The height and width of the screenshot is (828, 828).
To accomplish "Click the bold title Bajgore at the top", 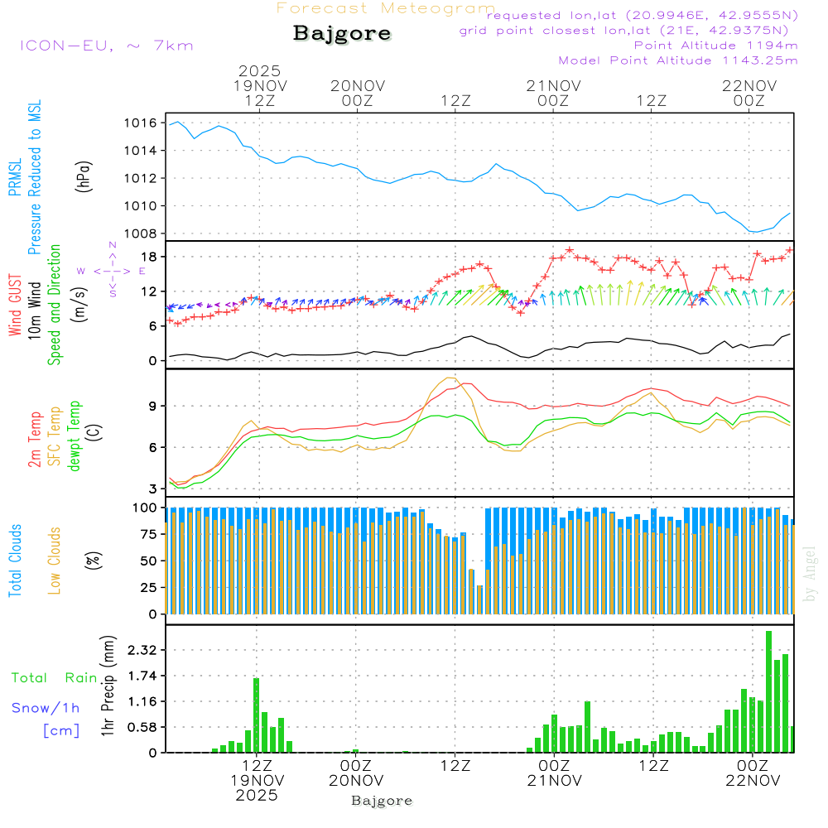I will pyautogui.click(x=342, y=34).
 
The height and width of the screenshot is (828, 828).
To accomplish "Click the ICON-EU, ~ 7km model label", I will pyautogui.click(x=106, y=46).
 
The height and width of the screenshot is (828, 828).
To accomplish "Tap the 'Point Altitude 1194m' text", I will pyautogui.click(x=715, y=46).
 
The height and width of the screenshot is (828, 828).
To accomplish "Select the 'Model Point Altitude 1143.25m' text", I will pyautogui.click(x=678, y=60).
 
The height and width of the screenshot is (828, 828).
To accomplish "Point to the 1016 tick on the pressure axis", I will pyautogui.click(x=142, y=123).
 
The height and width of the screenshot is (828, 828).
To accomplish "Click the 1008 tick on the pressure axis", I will pyautogui.click(x=142, y=233).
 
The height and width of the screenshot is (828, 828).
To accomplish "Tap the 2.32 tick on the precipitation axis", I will pyautogui.click(x=142, y=651).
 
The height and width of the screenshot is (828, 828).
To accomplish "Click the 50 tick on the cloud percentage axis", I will pyautogui.click(x=148, y=561).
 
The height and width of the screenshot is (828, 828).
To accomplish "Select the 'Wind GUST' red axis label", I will pyautogui.click(x=15, y=305).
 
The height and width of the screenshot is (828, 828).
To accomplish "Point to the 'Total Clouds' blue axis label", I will pyautogui.click(x=15, y=561).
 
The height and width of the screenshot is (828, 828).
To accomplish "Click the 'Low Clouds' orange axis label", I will pyautogui.click(x=55, y=561).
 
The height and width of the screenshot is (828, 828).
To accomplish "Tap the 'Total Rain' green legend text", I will pyautogui.click(x=54, y=678).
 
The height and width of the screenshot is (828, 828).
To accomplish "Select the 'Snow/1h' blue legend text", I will pyautogui.click(x=46, y=708).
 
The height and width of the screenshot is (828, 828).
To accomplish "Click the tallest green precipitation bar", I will pyautogui.click(x=769, y=691).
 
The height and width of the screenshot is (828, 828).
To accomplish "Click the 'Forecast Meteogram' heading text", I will pyautogui.click(x=386, y=8).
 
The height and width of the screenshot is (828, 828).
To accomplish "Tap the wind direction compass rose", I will pyautogui.click(x=113, y=270).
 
